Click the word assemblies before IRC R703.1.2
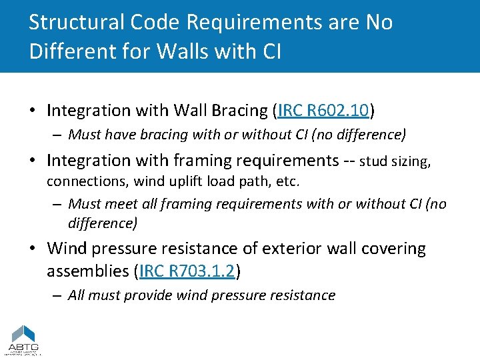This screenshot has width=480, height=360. click(x=88, y=271)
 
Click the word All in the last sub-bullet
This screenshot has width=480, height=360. click(x=77, y=295)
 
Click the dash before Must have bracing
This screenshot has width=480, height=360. click(x=59, y=135)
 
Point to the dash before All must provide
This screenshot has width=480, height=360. click(x=59, y=295)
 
